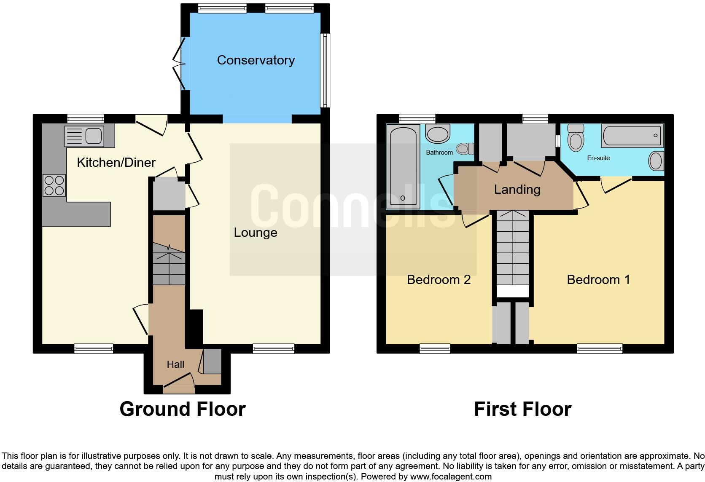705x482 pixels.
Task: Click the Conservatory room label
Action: pos(256,60)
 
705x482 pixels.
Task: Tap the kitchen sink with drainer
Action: pos(84,136)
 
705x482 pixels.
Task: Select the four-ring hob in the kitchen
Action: pos(54,185)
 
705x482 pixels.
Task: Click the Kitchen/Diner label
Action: pos(116,162)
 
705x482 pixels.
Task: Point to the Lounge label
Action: pos(256,233)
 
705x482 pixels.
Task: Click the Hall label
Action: pos(175,364)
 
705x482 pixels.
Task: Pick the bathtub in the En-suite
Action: pos(632,136)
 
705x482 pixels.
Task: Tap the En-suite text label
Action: pos(598,158)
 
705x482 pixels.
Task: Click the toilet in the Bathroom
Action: pos(466,148)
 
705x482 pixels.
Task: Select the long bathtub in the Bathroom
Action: pos(403,166)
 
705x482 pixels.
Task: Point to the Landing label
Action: pos(517,190)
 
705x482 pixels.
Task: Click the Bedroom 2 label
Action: pos(439,280)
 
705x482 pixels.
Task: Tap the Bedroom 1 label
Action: pos(598,280)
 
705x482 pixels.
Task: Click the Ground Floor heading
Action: pos(182,409)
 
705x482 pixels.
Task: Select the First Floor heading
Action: pos(522,409)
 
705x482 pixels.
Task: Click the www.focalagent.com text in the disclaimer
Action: pos(451,477)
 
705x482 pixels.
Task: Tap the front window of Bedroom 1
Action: pos(599,348)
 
